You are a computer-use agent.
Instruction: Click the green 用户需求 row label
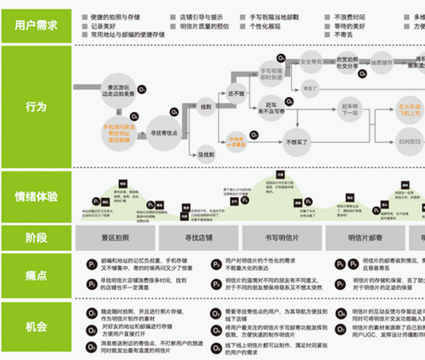click(x=36, y=26)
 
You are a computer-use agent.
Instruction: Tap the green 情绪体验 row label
click(x=36, y=197)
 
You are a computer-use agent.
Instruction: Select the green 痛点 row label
click(x=36, y=275)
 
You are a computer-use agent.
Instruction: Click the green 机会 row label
click(x=36, y=327)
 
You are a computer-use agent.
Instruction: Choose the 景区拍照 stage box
click(x=115, y=238)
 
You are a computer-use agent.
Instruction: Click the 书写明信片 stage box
click(x=282, y=238)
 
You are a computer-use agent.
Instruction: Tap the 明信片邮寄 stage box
click(x=365, y=238)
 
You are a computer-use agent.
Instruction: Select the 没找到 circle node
click(x=206, y=155)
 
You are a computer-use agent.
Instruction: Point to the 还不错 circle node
click(x=236, y=94)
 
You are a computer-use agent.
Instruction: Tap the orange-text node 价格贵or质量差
click(x=235, y=141)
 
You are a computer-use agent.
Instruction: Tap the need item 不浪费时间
click(x=349, y=17)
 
